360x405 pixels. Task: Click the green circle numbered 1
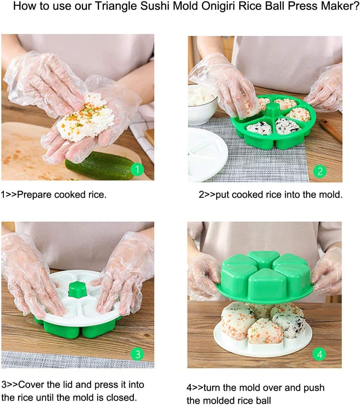click(x=138, y=170)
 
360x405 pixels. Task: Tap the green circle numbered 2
click(x=320, y=171)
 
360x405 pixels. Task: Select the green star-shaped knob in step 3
click(x=77, y=289)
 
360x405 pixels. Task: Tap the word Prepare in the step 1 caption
click(x=35, y=195)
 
